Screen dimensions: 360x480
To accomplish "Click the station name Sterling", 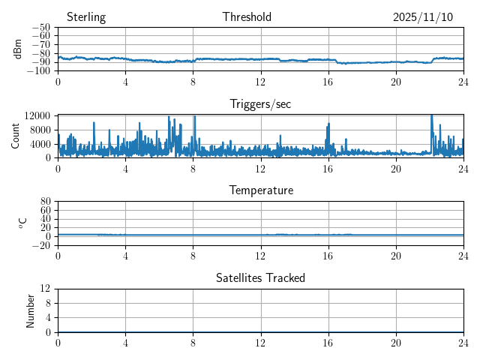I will tap(85, 17).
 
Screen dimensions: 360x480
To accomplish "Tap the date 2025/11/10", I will tap(423, 17).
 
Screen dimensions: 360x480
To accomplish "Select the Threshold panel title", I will tap(247, 17).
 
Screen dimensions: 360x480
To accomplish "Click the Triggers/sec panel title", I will tap(260, 104).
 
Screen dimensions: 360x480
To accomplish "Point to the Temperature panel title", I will tap(260, 190).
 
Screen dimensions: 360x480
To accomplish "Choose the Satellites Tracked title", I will tap(260, 277).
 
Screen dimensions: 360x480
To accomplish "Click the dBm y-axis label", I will tap(17, 49).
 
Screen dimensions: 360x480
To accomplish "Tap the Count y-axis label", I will tap(16, 136).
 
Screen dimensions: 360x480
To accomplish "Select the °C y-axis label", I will tap(22, 223).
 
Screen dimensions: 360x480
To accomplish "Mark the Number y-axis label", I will tap(31, 310).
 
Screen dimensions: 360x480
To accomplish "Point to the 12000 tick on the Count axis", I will tap(37, 115).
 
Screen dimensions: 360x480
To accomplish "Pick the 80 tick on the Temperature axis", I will tap(45, 202).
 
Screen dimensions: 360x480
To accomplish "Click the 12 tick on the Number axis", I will tap(45, 289).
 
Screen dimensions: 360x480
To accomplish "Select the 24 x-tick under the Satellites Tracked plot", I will tap(463, 342).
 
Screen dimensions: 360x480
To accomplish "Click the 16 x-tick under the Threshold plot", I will tap(328, 82).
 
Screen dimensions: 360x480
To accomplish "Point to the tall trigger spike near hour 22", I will tap(431, 117).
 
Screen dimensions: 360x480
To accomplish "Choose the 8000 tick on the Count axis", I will tap(40, 129).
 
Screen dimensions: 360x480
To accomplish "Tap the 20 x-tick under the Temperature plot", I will tap(395, 255).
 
